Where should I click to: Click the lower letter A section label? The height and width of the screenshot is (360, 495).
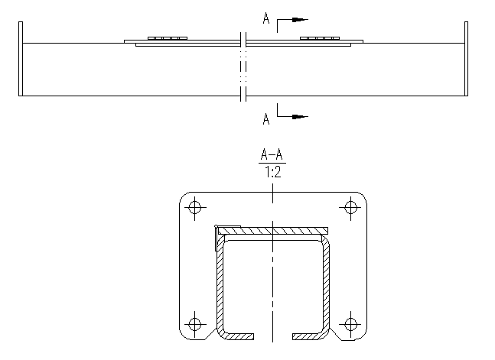(265, 118)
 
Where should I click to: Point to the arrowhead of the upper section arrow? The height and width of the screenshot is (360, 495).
(301, 18)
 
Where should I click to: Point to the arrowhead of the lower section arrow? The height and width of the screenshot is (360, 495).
(300, 117)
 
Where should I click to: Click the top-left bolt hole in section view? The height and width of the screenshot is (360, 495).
(194, 206)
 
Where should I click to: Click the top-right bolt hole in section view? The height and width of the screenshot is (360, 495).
(351, 206)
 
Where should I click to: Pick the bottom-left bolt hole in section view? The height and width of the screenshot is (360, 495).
(194, 323)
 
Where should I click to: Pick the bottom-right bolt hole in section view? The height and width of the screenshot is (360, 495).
(351, 323)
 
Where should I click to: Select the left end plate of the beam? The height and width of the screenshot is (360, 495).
(21, 59)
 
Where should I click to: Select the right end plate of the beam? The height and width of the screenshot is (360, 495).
(465, 59)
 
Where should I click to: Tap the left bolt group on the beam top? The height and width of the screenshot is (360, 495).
(168, 37)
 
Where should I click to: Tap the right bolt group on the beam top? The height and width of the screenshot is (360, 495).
(319, 37)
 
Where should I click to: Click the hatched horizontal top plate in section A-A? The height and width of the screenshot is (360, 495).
(283, 229)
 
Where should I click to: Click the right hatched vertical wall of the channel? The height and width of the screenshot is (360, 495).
(327, 283)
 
